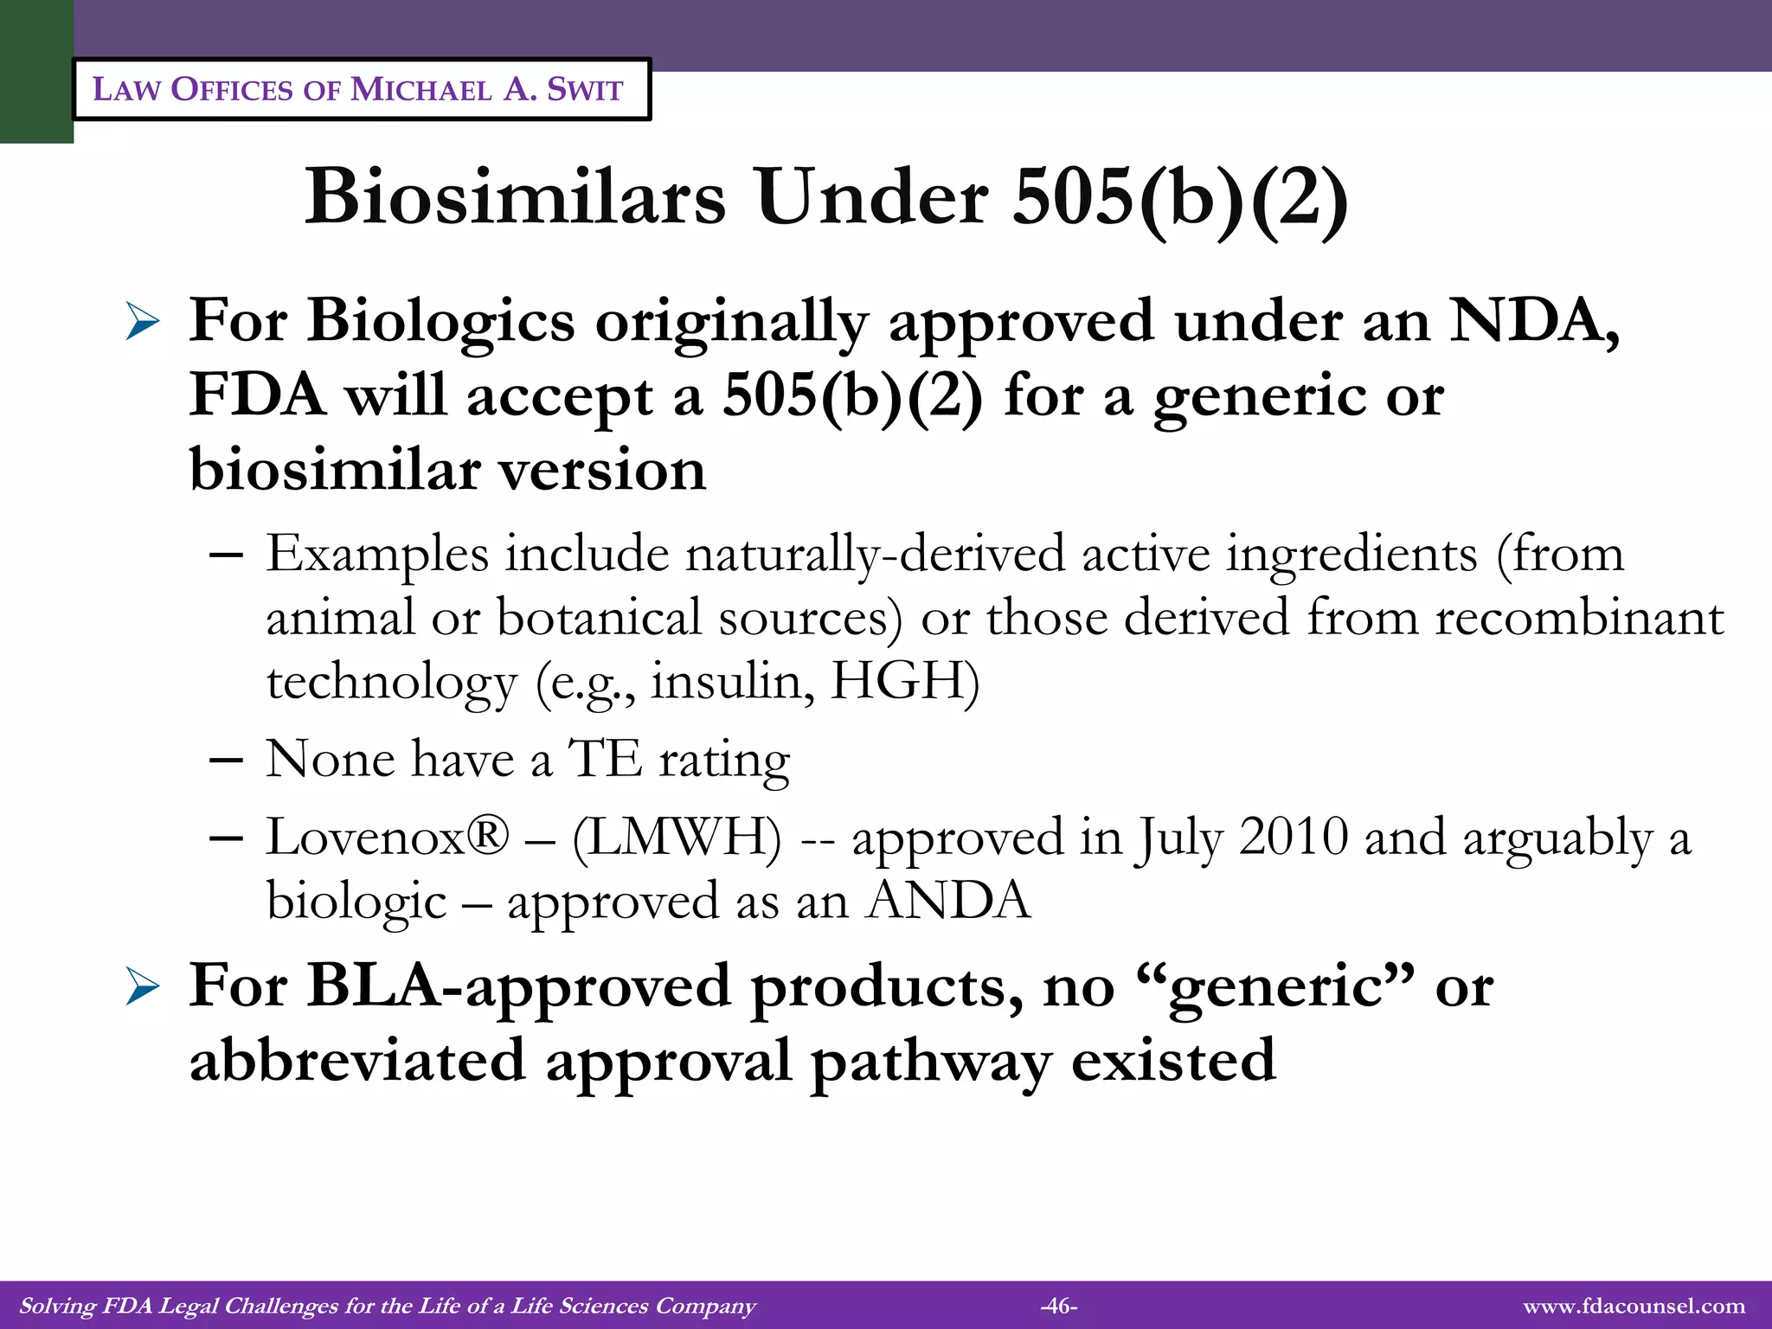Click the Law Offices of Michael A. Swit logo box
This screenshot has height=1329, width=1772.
(x=361, y=89)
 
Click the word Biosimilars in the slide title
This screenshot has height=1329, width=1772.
(x=515, y=197)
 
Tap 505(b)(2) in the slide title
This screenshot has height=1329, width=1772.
(x=1179, y=197)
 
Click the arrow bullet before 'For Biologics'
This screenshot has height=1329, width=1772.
(x=142, y=322)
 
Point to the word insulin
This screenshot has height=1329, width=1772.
(x=732, y=681)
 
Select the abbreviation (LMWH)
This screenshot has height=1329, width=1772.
(x=677, y=837)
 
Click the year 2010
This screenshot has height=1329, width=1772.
(x=1294, y=837)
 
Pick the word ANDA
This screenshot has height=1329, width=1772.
(x=949, y=901)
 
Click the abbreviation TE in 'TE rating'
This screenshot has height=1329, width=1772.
(x=605, y=759)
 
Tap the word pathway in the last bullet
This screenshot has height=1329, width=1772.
(x=931, y=1061)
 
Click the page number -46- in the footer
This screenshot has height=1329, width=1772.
(x=1059, y=1306)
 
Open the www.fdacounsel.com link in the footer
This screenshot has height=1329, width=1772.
(x=1634, y=1306)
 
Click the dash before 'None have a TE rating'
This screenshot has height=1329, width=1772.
(x=226, y=761)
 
